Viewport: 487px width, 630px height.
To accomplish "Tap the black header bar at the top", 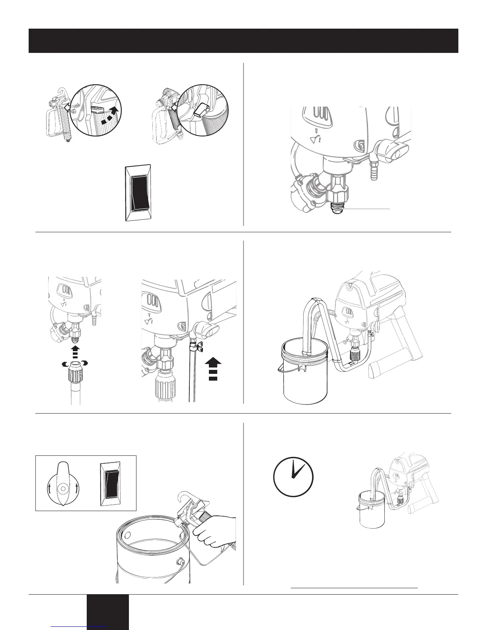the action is coord(243,41).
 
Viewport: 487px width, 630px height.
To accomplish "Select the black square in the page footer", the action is coord(108,612).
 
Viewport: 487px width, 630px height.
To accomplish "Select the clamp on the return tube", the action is coord(196,343).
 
